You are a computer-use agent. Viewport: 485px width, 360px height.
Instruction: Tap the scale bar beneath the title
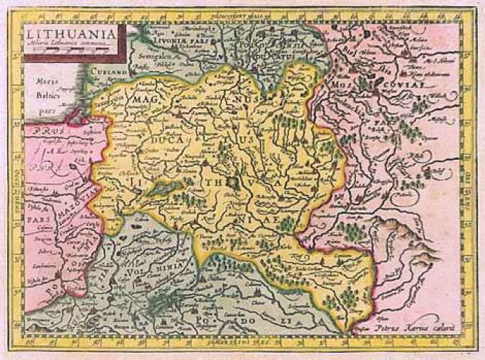pos(70,52)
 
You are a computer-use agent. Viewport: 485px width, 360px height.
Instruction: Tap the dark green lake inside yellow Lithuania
pos(169,186)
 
